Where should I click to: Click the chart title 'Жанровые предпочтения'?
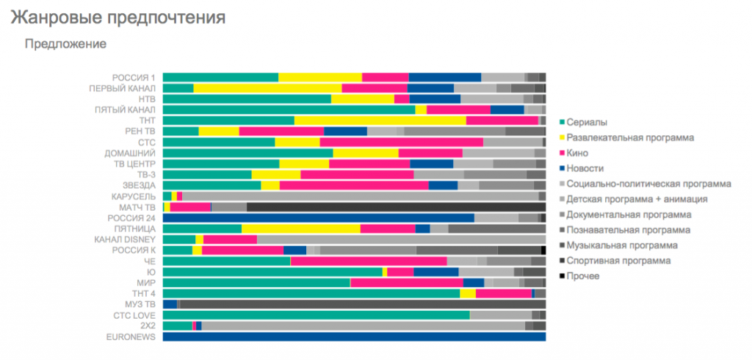pos(117,16)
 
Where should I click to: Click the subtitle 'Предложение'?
pos(66,44)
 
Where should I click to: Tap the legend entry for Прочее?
pos(584,276)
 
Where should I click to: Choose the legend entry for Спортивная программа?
pos(618,261)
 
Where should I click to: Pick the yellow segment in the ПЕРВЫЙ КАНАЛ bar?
pos(267,88)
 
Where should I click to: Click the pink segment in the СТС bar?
pos(401,142)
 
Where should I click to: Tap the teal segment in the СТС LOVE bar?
pos(316,315)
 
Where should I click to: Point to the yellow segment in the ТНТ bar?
pos(380,120)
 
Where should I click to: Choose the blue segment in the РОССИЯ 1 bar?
pos(444,77)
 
